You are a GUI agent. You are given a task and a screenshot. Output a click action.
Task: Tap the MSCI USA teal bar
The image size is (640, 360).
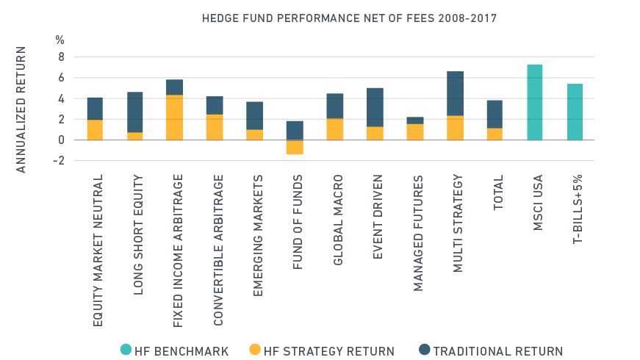pyautogui.click(x=535, y=102)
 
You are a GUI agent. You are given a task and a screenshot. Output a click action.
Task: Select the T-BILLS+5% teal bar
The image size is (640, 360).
pyautogui.click(x=575, y=112)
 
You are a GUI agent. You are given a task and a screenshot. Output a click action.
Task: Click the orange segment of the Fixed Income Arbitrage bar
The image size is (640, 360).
pyautogui.click(x=174, y=118)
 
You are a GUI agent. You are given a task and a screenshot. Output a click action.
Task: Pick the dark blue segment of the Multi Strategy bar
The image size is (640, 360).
pyautogui.click(x=455, y=93)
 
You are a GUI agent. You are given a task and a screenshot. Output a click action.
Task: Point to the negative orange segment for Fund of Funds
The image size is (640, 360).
pyautogui.click(x=294, y=147)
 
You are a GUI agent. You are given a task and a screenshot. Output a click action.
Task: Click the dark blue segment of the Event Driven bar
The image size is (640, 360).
pyautogui.click(x=375, y=107)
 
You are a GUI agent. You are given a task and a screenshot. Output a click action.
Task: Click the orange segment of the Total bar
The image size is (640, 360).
pyautogui.click(x=495, y=134)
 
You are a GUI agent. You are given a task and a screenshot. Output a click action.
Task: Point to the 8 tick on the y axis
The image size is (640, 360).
pyautogui.click(x=61, y=57)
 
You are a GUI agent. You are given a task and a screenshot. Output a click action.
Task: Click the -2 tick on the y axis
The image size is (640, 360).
pyautogui.click(x=59, y=160)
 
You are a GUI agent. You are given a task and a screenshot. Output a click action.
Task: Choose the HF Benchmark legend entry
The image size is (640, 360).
pyautogui.click(x=175, y=350)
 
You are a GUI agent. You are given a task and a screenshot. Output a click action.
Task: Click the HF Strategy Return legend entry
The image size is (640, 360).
pyautogui.click(x=322, y=350)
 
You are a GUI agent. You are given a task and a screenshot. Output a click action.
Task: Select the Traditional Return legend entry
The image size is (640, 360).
pyautogui.click(x=489, y=350)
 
